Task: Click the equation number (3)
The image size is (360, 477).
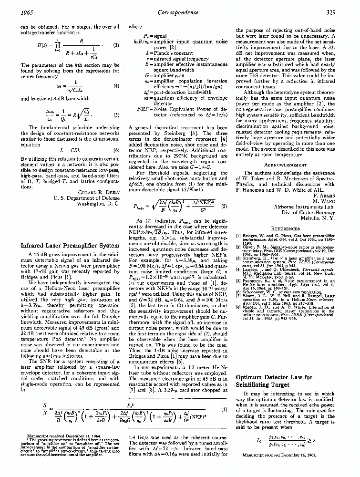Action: point(116,46)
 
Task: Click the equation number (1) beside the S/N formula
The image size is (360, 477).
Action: point(224,409)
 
